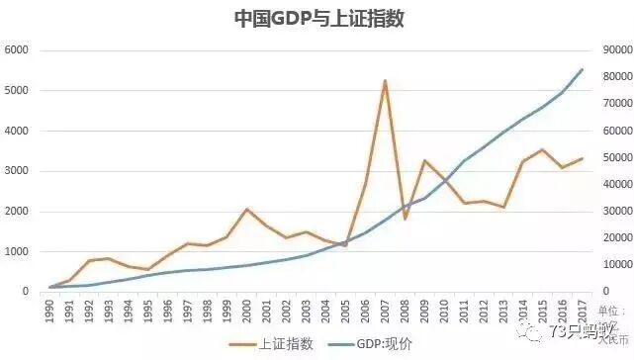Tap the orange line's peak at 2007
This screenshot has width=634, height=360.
point(385,80)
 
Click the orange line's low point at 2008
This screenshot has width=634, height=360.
point(405,218)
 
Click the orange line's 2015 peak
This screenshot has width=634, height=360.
point(542,149)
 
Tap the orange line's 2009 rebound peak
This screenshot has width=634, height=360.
point(424,160)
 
